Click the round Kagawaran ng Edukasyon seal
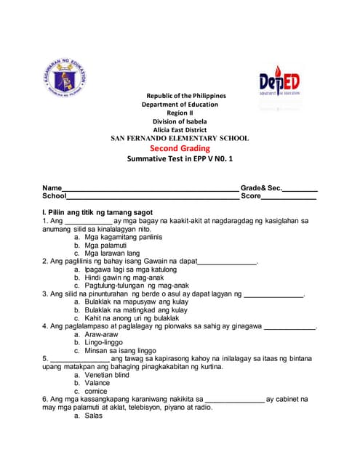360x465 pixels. pyautogui.click(x=68, y=79)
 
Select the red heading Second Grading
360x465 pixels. pyautogui.click(x=180, y=148)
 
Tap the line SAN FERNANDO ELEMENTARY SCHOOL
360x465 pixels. pyautogui.click(x=180, y=138)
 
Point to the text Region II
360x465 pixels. pyautogui.click(x=180, y=113)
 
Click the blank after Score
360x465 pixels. pyautogui.click(x=289, y=197)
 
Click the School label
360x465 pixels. pyautogui.click(x=55, y=196)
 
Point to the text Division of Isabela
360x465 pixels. pyautogui.click(x=180, y=121)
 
